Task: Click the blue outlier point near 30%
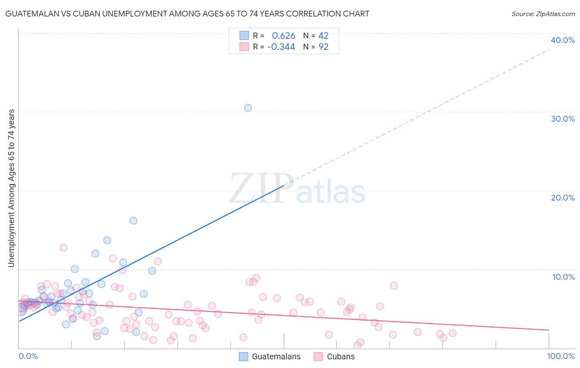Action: [x=248, y=108]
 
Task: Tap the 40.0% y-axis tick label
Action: [x=563, y=40]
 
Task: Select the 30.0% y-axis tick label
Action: [x=563, y=119]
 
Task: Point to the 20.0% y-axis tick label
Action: [x=563, y=198]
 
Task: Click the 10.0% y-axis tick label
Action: [x=563, y=277]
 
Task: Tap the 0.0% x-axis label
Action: [x=28, y=356]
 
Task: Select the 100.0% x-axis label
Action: [x=561, y=356]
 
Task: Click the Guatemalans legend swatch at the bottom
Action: [x=244, y=356]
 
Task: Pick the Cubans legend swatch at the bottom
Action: [x=318, y=356]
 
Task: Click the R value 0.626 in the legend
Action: [x=283, y=36]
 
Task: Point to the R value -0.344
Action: [x=281, y=47]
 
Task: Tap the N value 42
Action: [x=323, y=36]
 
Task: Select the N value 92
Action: [x=323, y=47]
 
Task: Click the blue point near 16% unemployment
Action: [x=134, y=221]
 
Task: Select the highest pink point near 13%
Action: [x=63, y=248]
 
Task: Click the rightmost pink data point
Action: [x=453, y=333]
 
